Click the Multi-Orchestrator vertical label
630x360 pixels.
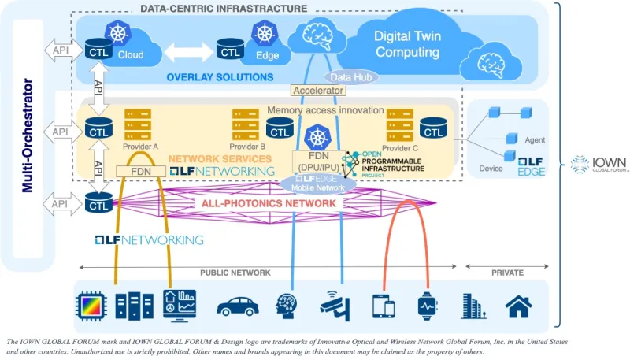28,134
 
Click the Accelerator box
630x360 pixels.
318,91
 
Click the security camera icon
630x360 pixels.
332,304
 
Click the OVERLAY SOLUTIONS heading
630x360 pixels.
220,77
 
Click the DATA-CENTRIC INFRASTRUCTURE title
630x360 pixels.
224,8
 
